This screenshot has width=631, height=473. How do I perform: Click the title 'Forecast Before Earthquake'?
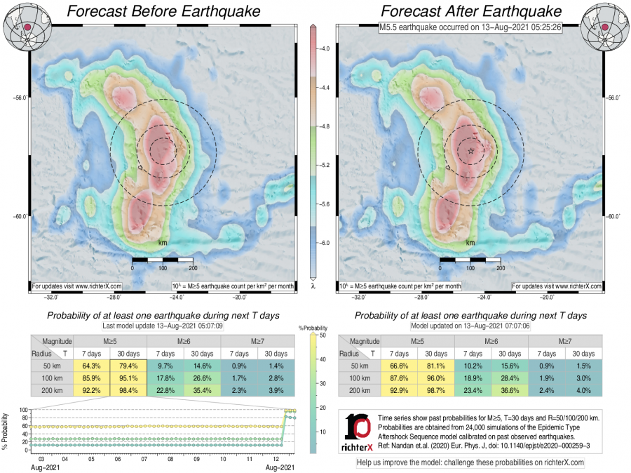[x=162, y=11]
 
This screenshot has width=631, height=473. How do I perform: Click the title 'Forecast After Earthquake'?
[x=471, y=11]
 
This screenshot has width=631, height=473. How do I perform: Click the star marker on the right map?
[x=470, y=150]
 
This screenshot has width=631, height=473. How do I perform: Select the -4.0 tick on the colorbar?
[x=326, y=50]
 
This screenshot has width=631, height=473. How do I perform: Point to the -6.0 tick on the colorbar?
[x=326, y=242]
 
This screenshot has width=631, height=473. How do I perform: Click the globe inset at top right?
[x=604, y=25]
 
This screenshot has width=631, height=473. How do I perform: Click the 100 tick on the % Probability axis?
[x=24, y=410]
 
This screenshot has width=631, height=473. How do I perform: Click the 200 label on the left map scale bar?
[x=193, y=268]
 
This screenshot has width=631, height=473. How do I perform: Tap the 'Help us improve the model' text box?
[x=470, y=462]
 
